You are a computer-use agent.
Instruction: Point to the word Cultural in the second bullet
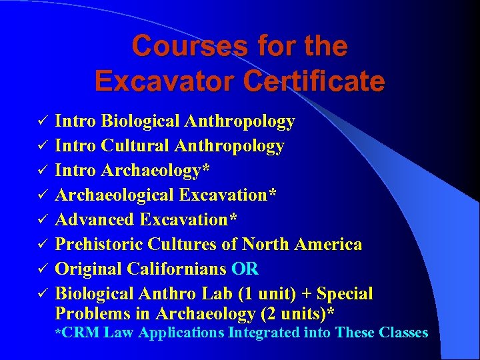click(141, 145)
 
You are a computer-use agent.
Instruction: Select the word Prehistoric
click(100, 244)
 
